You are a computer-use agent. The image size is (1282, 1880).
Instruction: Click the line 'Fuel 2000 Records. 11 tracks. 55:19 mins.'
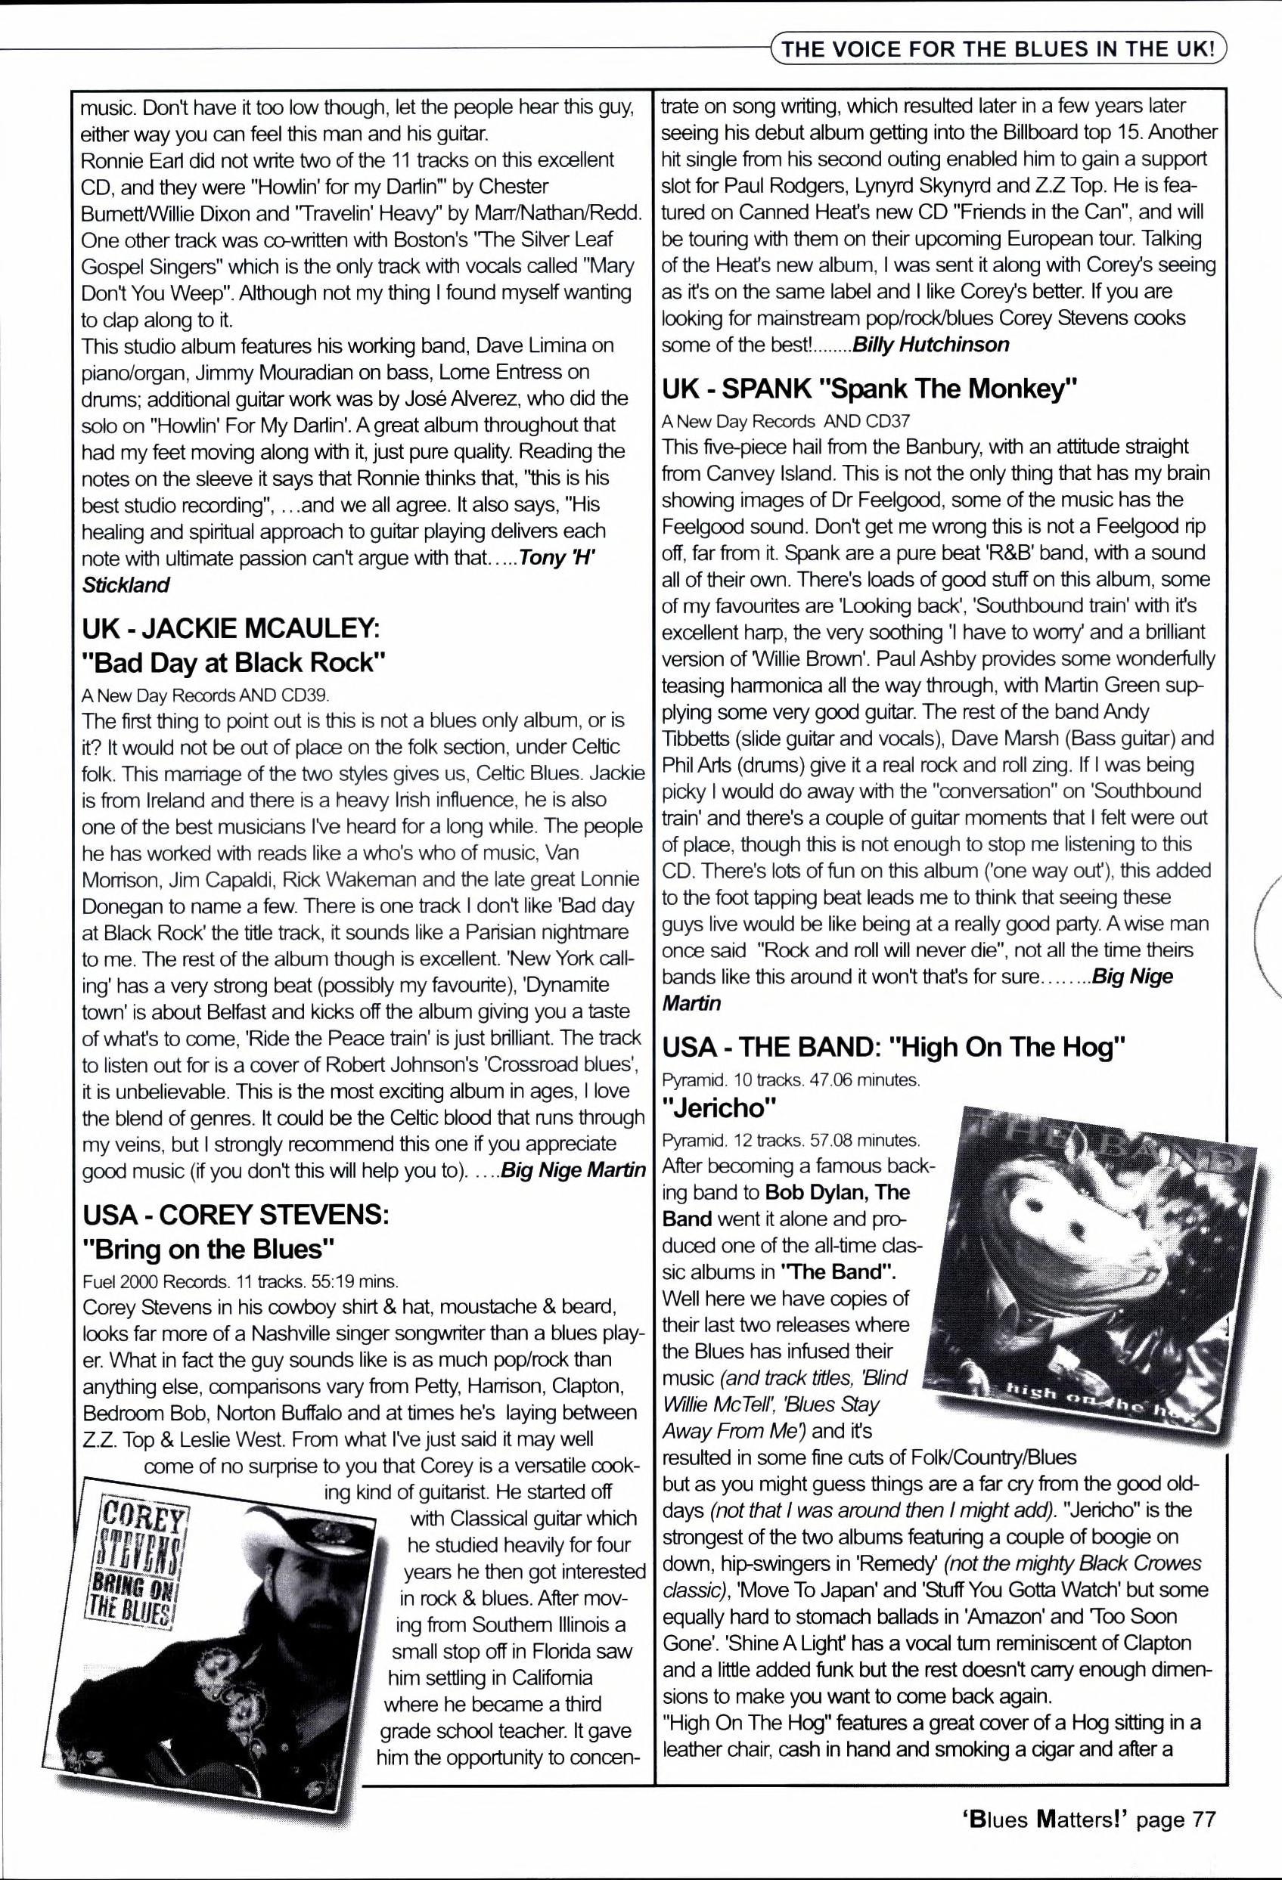(241, 1281)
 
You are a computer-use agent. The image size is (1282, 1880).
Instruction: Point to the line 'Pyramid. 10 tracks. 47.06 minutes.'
(790, 1080)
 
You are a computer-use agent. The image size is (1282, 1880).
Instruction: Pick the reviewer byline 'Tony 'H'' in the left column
(557, 558)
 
